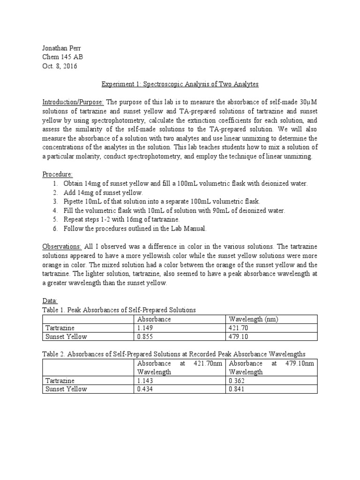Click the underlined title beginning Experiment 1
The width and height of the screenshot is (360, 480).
pyautogui.click(x=180, y=84)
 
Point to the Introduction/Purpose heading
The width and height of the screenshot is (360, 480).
pyautogui.click(x=73, y=102)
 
